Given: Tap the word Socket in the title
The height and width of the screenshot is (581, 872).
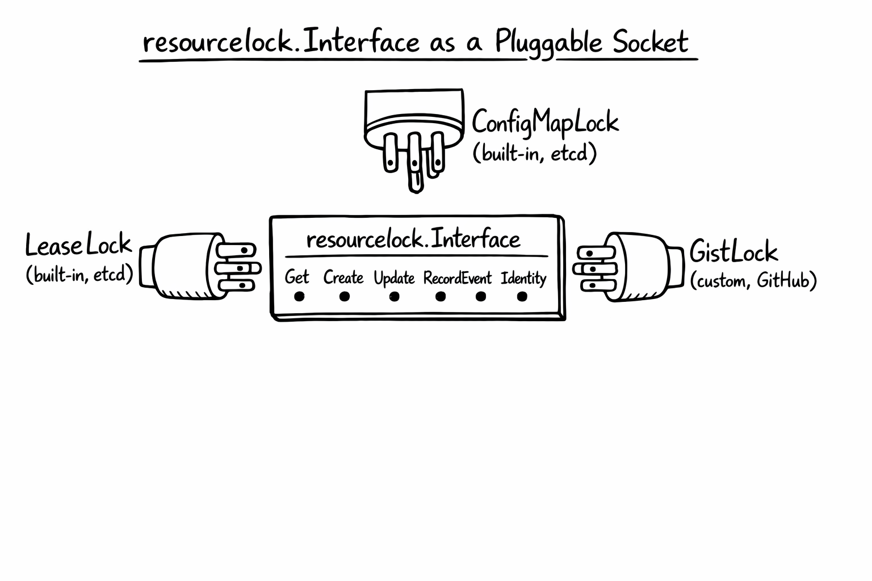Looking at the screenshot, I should tap(650, 42).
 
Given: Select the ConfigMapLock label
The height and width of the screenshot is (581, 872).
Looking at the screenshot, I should tap(545, 122).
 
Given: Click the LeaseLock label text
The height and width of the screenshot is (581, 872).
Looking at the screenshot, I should tap(78, 245).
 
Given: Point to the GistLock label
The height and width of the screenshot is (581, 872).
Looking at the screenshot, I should tap(733, 251).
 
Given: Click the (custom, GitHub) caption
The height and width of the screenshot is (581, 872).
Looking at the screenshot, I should tap(753, 280).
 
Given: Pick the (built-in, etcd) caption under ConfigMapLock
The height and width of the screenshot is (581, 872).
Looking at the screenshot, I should tap(535, 153).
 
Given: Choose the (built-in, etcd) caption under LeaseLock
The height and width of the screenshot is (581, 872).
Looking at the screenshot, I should tap(79, 275).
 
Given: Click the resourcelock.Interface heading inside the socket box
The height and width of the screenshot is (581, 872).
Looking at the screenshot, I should tap(413, 239).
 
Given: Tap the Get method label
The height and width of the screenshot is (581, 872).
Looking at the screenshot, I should tap(297, 277).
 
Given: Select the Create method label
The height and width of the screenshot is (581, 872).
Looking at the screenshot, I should tap(343, 277).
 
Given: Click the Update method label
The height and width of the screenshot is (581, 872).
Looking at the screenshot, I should tap(394, 278).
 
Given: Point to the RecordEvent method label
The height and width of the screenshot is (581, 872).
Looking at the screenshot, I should tap(458, 278).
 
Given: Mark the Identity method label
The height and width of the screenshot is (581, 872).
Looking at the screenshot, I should tap(523, 278).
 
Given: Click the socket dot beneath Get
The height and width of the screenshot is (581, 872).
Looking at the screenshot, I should tap(299, 296).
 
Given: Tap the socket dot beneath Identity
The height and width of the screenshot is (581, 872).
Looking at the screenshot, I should tap(522, 296).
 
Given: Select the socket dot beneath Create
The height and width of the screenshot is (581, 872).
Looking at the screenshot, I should tap(344, 296).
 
